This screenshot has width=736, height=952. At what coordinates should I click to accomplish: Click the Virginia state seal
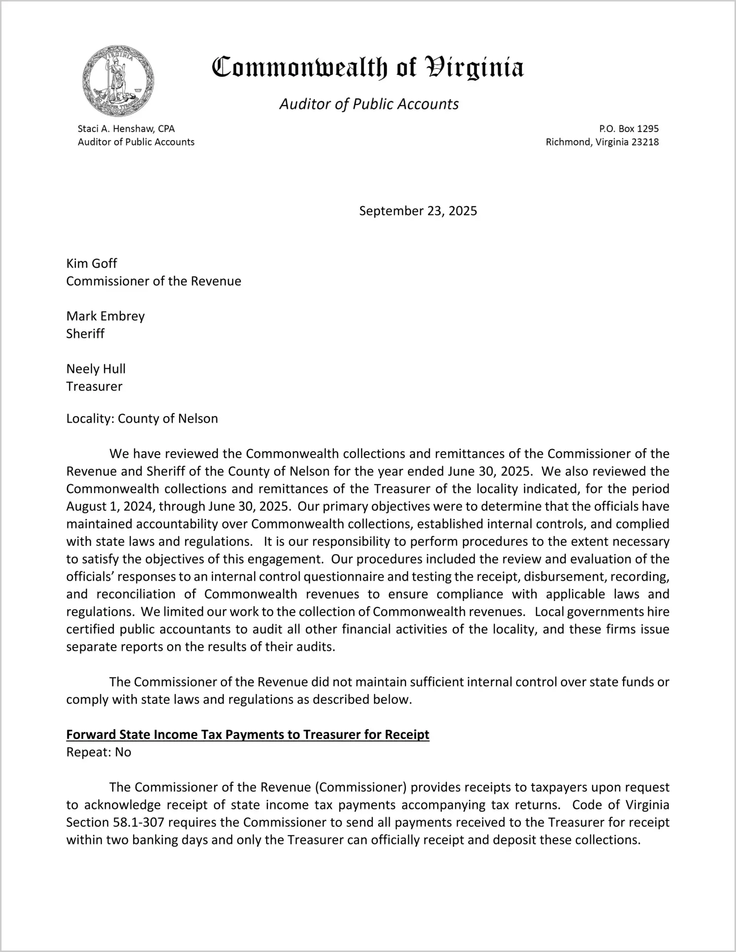click(118, 81)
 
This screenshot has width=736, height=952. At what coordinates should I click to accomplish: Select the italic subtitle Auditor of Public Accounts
click(369, 104)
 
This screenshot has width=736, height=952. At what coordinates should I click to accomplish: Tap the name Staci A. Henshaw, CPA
click(126, 129)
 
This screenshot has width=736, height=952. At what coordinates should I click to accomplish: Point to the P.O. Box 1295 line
click(629, 129)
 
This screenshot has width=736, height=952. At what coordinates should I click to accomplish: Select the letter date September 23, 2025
click(418, 211)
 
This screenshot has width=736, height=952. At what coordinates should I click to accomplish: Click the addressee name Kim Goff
click(92, 263)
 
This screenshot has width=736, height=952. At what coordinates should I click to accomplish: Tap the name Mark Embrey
click(105, 316)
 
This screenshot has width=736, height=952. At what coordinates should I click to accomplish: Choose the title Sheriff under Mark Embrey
click(85, 334)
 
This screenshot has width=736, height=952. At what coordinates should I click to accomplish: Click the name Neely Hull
click(96, 369)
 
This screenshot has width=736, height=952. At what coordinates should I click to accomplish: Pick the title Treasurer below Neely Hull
click(94, 386)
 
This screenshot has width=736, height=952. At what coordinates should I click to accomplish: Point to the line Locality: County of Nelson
click(142, 419)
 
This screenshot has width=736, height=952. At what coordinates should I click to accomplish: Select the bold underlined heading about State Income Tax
click(248, 735)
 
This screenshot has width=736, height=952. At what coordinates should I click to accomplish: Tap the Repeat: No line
click(99, 752)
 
